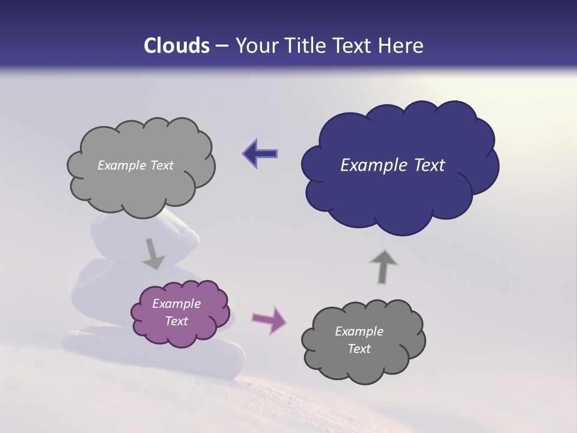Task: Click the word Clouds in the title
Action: (x=177, y=46)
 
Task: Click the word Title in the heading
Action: (x=305, y=46)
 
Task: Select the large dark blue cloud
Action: (x=399, y=192)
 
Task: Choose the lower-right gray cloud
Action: (x=363, y=364)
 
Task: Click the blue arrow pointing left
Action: (x=260, y=154)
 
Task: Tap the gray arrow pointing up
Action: (x=382, y=266)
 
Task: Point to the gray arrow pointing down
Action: (x=153, y=253)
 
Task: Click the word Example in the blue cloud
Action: (x=368, y=165)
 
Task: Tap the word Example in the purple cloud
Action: (x=176, y=304)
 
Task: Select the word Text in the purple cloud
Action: (x=176, y=321)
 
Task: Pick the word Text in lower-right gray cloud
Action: (x=359, y=349)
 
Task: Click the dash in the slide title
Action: (x=221, y=46)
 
